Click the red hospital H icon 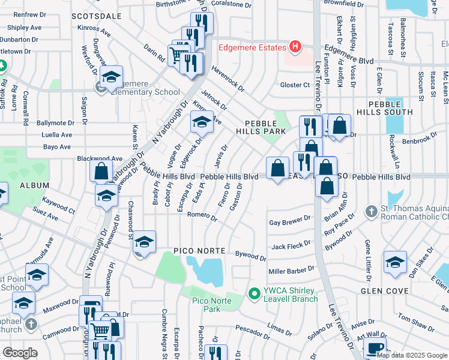point(295,46)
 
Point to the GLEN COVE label point(384,290)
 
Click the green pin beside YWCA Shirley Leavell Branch point(255,293)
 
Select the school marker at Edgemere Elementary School point(112,77)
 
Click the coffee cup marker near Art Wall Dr point(375,347)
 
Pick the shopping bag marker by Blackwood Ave point(101,169)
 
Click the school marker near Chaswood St point(144,241)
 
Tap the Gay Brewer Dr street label point(290,221)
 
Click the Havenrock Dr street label point(228,79)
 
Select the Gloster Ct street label point(294,85)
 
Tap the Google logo point(20,353)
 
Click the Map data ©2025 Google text point(412,355)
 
